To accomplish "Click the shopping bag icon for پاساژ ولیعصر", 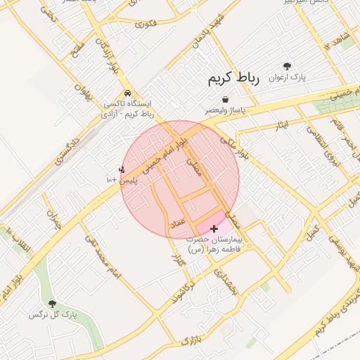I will click(224, 100).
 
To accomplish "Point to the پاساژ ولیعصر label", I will click(224, 110).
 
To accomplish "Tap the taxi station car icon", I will click(127, 93).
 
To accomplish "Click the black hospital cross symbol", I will click(214, 229).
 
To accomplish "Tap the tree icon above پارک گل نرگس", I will click(52, 304).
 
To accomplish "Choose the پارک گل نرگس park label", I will click(52, 314).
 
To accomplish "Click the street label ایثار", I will click(281, 125).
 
